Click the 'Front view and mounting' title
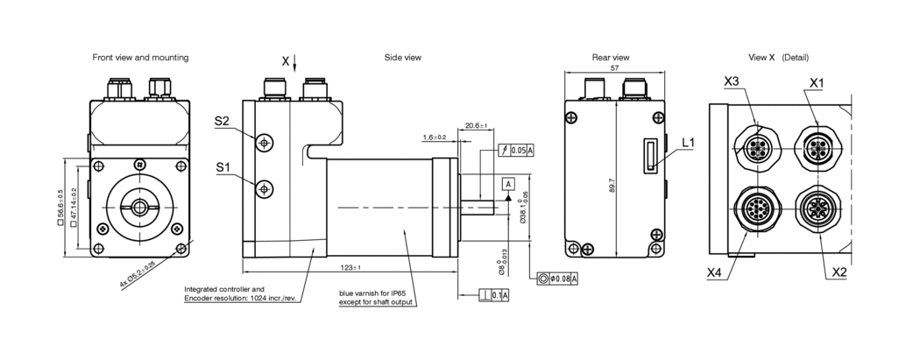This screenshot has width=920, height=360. pyautogui.click(x=140, y=57)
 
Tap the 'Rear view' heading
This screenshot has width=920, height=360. pyautogui.click(x=611, y=57)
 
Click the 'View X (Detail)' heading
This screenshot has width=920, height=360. pyautogui.click(x=779, y=57)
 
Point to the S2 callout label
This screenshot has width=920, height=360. pyautogui.click(x=222, y=122)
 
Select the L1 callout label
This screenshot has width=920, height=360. pyautogui.click(x=688, y=141)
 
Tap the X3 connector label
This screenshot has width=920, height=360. pyautogui.click(x=732, y=81)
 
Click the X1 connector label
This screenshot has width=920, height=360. pyautogui.click(x=817, y=81)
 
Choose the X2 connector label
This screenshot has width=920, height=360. pyautogui.click(x=838, y=272)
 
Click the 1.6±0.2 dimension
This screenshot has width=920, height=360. pyautogui.click(x=434, y=138)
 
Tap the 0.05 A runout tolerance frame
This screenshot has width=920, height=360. pyautogui.click(x=517, y=150)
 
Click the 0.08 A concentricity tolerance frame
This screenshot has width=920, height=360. pyautogui.click(x=557, y=279)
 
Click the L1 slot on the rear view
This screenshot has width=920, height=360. pyautogui.click(x=649, y=156)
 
